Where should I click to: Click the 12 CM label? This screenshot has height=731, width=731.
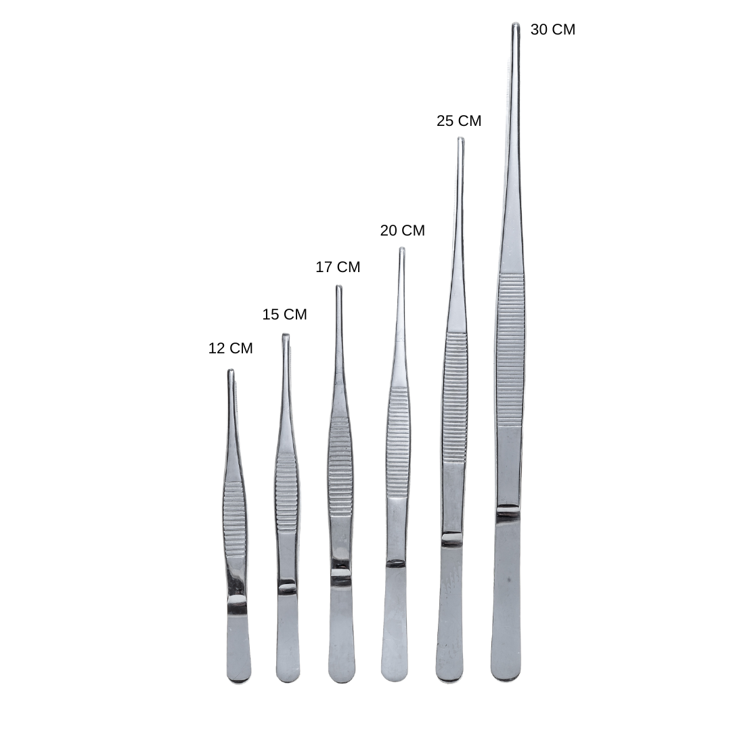coord(230,349)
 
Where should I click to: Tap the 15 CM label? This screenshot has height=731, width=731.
coord(284,314)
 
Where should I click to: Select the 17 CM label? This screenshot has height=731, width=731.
coord(338,267)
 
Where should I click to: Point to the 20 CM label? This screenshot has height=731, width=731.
coord(402,230)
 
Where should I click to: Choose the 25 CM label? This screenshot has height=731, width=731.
coord(459,120)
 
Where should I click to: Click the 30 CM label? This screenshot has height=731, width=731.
coord(553,29)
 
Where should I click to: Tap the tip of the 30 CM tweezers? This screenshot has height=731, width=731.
coord(516,24)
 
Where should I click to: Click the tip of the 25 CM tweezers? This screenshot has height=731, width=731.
coord(461,139)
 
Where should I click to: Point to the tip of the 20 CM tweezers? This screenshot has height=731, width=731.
coord(402,249)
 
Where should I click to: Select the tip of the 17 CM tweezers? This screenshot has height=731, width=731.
coord(339,287)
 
